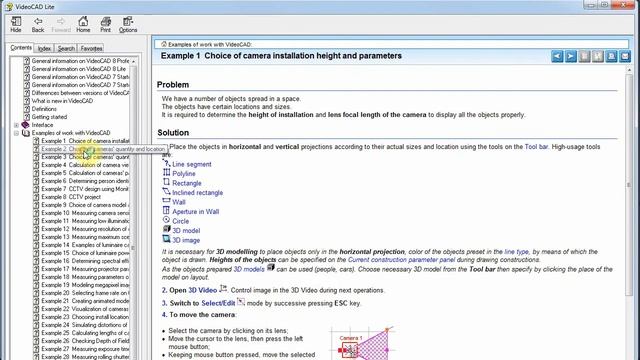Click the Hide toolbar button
16,22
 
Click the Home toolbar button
83,22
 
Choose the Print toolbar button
105,22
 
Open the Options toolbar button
128,22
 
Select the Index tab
44,47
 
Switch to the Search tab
66,47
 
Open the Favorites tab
91,47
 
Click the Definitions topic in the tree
45,109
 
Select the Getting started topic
51,117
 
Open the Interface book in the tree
43,125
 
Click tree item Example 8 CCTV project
71,197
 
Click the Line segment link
191,164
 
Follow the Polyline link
184,174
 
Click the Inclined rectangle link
197,193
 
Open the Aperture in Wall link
195,212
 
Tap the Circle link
180,221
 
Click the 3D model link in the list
186,231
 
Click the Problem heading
173,85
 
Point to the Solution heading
173,133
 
